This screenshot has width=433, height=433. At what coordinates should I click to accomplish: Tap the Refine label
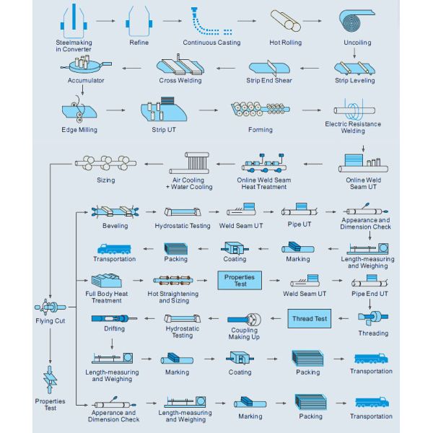139,43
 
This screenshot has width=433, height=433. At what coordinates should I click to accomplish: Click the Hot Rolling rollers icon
285,21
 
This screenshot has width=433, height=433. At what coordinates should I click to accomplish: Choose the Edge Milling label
79,130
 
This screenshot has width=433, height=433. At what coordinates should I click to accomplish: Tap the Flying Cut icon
50,305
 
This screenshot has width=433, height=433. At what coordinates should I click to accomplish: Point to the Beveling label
115,226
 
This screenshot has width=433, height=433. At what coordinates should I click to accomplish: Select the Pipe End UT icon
369,280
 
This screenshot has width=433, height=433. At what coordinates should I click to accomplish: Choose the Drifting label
113,328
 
